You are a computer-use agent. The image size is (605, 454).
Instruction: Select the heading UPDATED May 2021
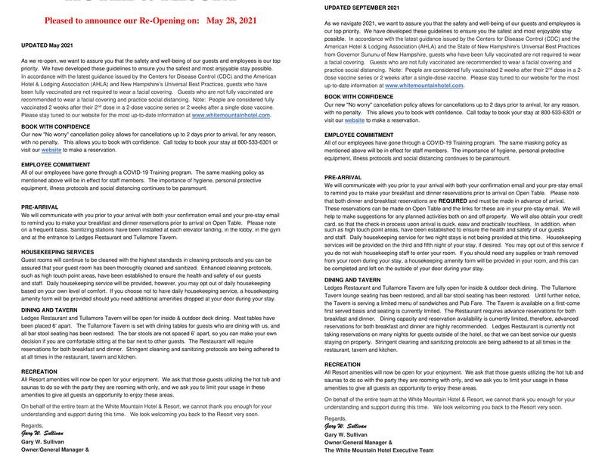pos(47,45)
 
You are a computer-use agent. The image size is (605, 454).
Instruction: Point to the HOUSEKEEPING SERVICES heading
pos(57,251)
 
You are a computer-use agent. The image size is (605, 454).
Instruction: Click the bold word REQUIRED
pos(447,201)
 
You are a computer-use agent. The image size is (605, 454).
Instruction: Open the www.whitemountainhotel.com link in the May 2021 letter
pos(231,115)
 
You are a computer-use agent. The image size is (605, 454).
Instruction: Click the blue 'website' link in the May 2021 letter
pos(51,150)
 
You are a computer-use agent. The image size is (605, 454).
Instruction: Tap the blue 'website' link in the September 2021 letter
pos(355,120)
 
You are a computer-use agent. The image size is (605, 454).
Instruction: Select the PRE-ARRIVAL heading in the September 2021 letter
pos(344,176)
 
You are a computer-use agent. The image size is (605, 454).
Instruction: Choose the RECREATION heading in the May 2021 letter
pos(39,372)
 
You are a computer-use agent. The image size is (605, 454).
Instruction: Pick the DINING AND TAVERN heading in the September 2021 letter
pos(352,280)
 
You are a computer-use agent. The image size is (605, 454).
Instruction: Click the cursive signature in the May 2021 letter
pos(43,433)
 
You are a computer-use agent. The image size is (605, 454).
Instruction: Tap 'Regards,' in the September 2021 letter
pos(335,418)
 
